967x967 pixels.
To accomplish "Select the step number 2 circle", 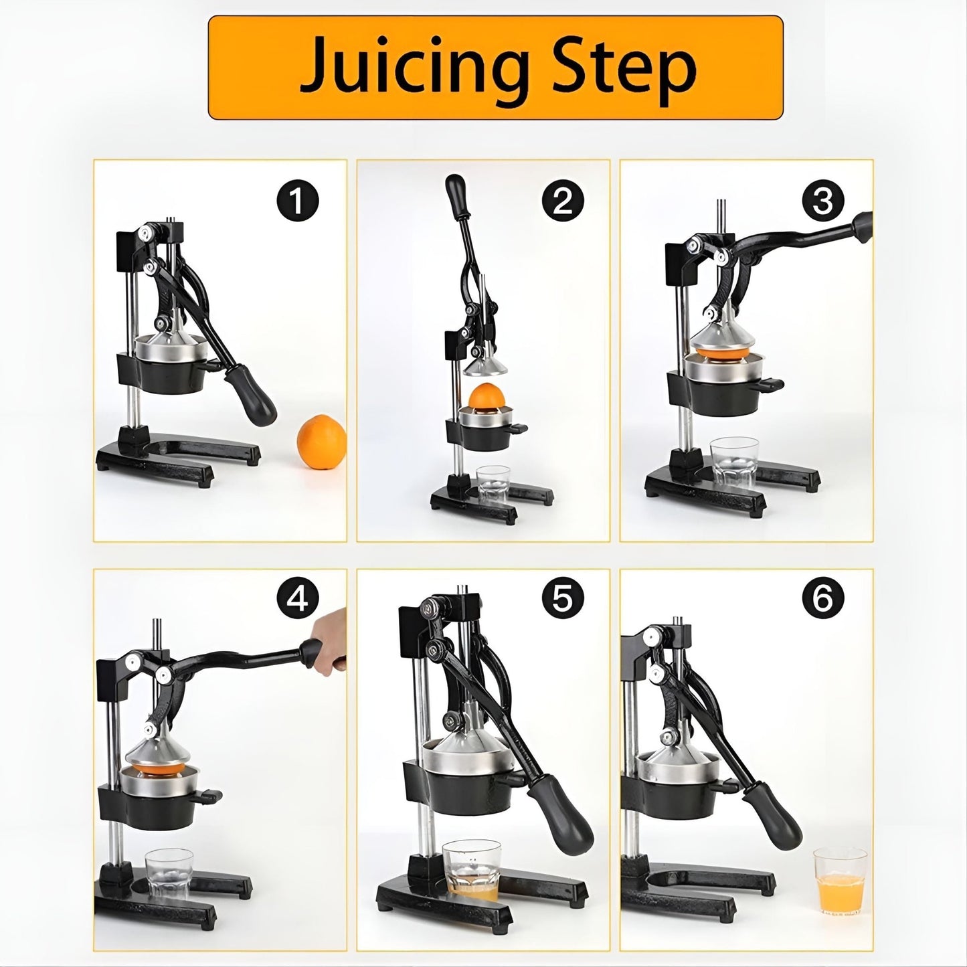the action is pyautogui.click(x=563, y=201).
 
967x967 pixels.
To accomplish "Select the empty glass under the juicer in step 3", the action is pyautogui.click(x=734, y=464).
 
